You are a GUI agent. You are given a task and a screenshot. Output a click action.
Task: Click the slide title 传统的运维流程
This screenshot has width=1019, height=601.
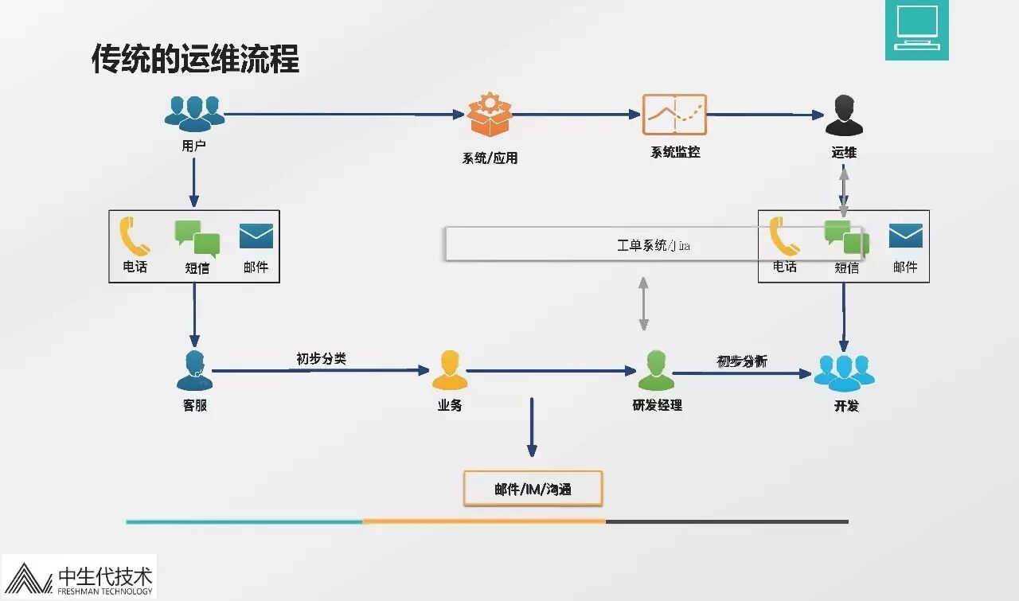196,60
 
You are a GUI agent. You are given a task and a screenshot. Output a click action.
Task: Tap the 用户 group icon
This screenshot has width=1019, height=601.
194,113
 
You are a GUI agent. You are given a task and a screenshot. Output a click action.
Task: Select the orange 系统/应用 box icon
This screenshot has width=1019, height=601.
488,115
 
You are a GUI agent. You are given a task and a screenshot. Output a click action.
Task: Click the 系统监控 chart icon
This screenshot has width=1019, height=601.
674,115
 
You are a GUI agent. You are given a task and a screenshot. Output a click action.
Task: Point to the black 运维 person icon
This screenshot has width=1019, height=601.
844,116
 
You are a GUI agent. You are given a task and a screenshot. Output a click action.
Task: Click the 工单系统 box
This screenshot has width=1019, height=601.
601,244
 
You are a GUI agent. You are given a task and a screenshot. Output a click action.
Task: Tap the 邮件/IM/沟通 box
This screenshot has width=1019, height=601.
533,489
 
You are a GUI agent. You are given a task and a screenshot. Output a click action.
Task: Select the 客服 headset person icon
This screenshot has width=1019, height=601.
194,370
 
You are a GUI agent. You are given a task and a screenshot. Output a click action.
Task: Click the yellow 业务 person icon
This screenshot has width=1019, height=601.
450,370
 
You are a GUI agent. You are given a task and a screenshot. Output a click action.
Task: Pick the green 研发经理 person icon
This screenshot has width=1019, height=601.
656,370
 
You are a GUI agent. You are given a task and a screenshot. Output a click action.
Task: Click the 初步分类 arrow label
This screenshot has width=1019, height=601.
321,359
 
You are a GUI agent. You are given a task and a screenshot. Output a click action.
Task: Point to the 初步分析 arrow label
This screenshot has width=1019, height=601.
742,361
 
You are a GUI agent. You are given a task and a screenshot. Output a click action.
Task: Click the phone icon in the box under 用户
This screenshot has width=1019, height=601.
135,236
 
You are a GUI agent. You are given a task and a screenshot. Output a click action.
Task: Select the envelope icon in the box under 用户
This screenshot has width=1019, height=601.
256,236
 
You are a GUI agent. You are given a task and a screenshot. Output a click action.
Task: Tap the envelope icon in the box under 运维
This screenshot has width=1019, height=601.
905,236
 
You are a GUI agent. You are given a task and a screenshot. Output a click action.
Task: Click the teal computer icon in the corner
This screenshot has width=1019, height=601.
916,29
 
